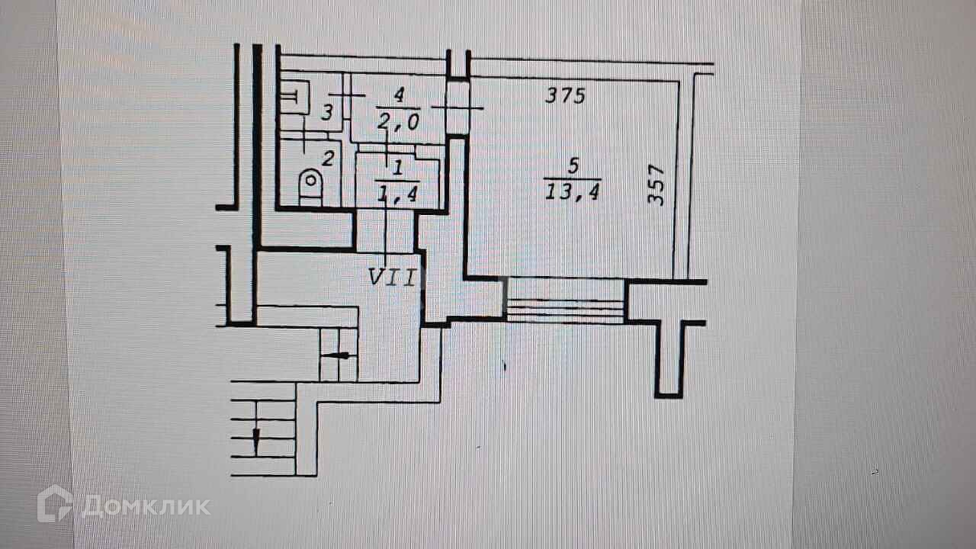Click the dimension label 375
tap(565, 96)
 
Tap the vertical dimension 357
tap(657, 185)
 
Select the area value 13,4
tap(571, 193)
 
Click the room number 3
tap(326, 114)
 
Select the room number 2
tap(328, 159)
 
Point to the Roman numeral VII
tap(392, 278)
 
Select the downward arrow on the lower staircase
tap(256, 439)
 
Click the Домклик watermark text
tap(145, 506)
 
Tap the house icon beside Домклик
tap(55, 504)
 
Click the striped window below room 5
tap(565, 300)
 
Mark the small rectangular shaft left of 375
tap(457, 104)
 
